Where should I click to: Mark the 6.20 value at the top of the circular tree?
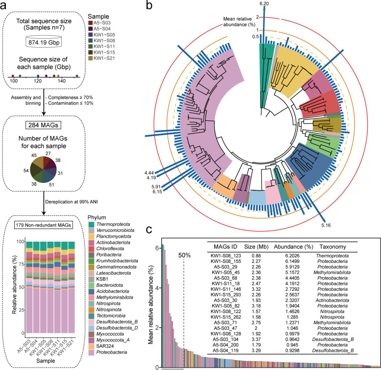[x=265, y=4]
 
